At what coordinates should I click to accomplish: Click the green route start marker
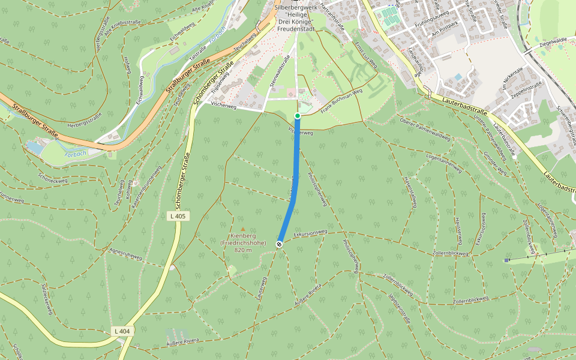[x=297, y=116]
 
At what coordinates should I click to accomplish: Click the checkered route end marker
[x=279, y=244]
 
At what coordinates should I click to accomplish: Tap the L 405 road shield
[x=179, y=216]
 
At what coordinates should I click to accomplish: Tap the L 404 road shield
[x=121, y=331]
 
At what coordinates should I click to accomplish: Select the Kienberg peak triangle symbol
[x=243, y=229]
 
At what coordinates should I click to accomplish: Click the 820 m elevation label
[x=242, y=250]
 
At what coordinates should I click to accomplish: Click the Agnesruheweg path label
[x=125, y=256]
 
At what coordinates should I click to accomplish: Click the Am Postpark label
[x=444, y=28]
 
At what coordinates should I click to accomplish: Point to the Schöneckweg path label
[x=50, y=178]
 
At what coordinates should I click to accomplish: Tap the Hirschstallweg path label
[x=410, y=192]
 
